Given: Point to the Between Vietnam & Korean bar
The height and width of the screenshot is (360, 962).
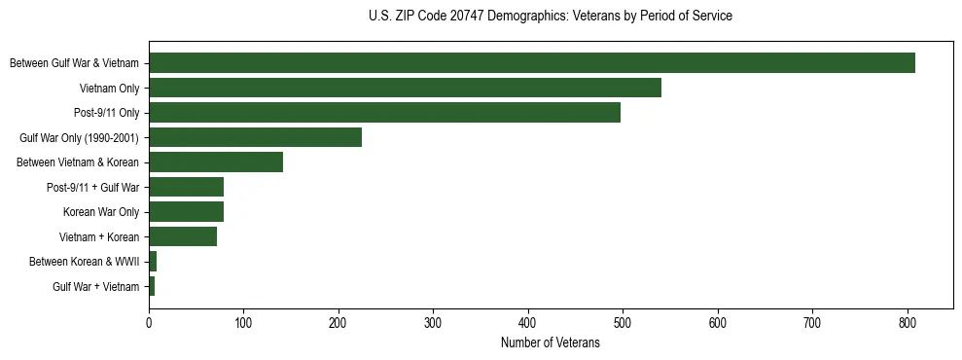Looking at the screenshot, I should tap(216, 162).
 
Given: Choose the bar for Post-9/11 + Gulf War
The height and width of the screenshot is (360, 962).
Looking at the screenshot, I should tap(186, 187).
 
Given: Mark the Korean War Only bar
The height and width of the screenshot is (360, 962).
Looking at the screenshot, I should tap(186, 212).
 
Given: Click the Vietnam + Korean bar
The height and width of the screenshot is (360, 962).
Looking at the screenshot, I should tap(183, 236).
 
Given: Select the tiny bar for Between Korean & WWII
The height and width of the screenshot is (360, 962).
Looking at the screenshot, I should tap(153, 262).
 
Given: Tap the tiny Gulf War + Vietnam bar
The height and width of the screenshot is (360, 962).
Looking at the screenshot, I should tap(152, 286).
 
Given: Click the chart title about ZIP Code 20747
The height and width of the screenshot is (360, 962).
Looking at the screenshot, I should tap(551, 17).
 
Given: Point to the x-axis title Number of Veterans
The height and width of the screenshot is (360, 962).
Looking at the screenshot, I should tap(551, 343).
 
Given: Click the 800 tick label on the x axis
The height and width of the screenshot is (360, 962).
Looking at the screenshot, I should tap(908, 323).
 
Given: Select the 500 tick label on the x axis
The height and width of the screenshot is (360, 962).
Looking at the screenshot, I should tap(624, 323).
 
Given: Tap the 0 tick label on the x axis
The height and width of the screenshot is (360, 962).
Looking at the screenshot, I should tap(149, 323).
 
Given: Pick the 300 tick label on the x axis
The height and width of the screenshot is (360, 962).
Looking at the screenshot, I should tap(434, 323).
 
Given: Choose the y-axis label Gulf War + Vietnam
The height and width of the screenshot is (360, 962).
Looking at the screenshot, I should tap(96, 287).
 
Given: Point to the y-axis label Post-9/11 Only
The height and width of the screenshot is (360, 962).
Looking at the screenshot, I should tap(106, 113).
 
